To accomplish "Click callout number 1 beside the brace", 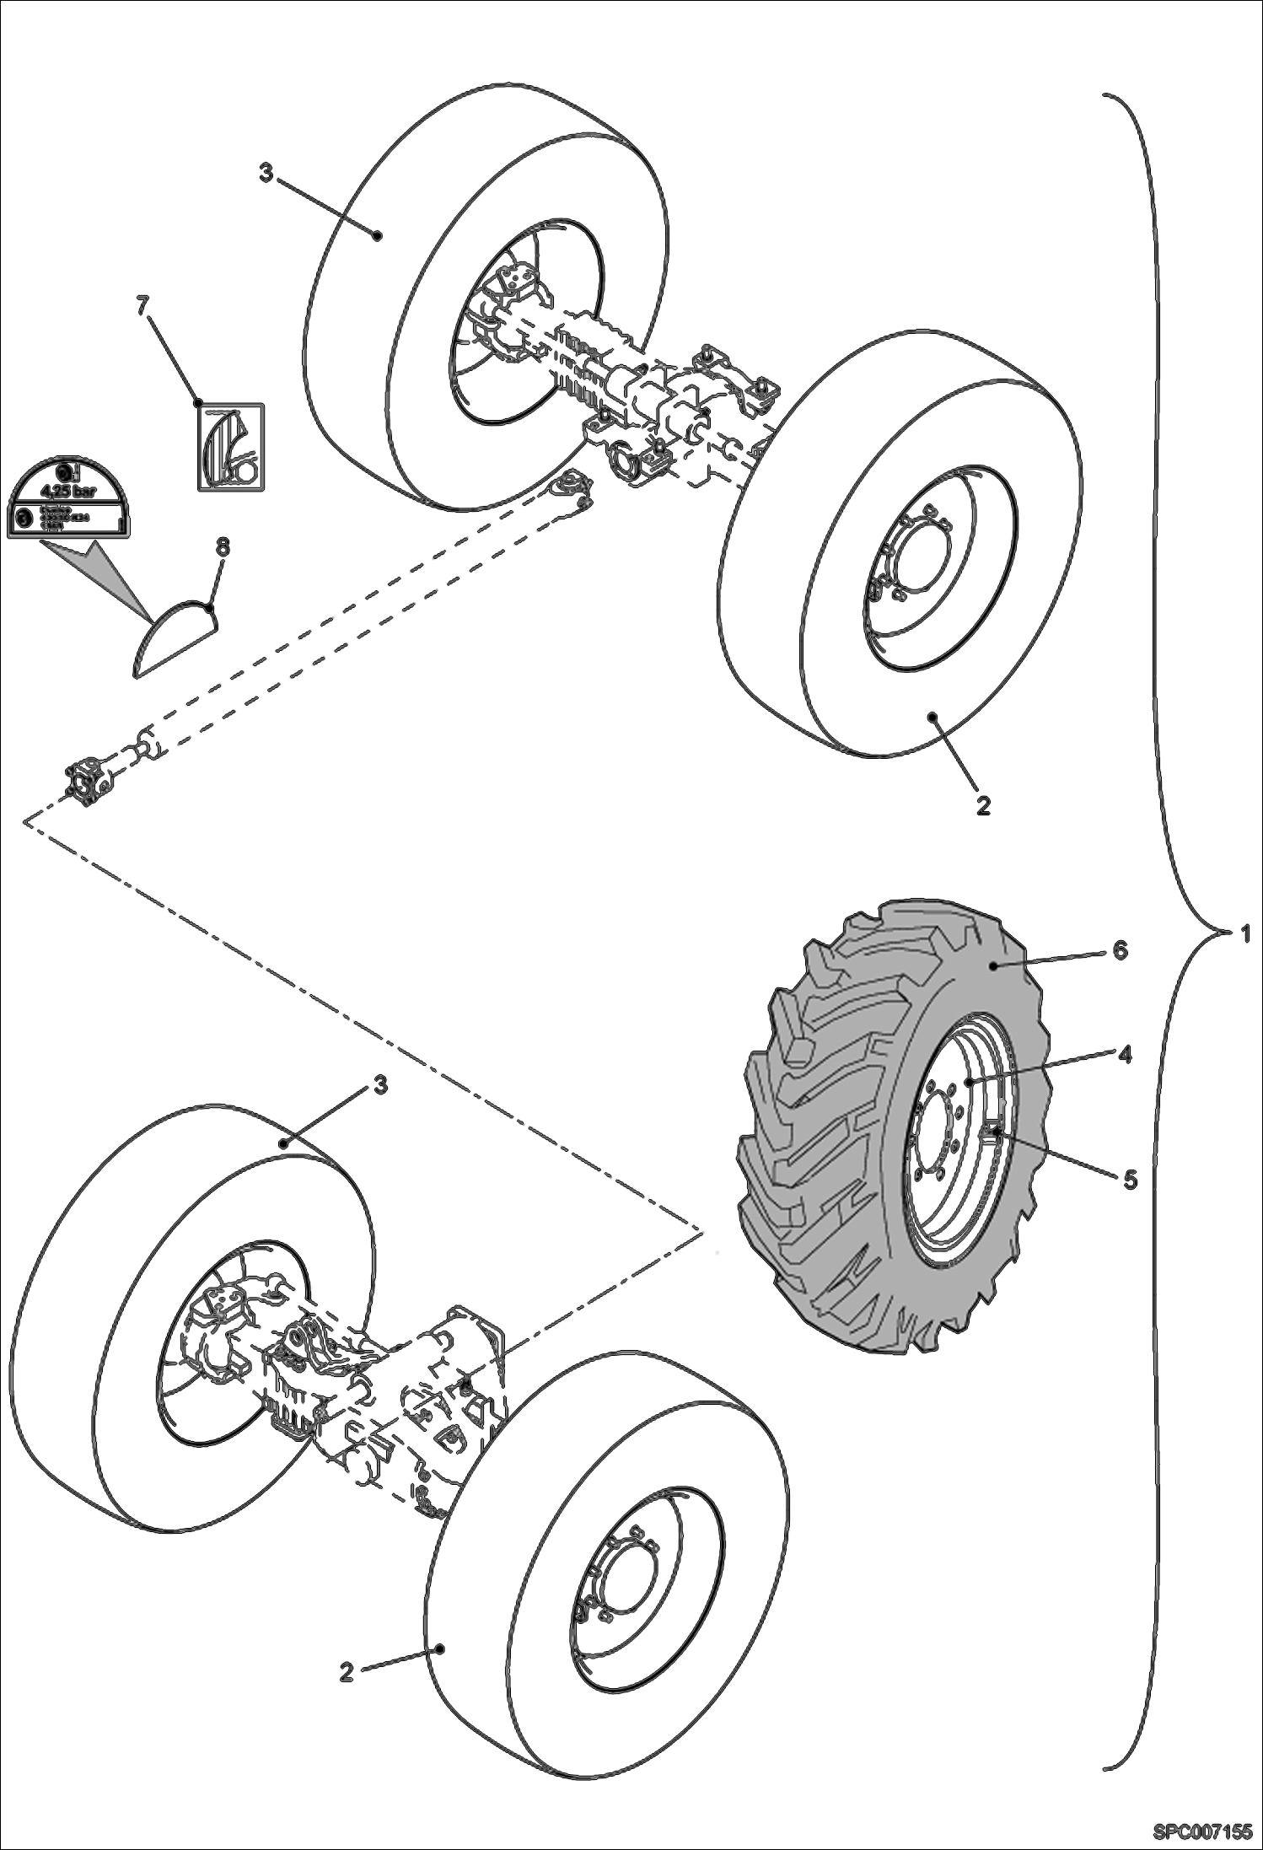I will [x=1244, y=933].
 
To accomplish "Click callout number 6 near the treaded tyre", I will [x=1119, y=949].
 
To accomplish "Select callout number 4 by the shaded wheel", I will [x=1125, y=1054].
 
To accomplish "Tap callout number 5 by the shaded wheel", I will [x=1130, y=1179].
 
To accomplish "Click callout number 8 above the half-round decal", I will [x=222, y=547].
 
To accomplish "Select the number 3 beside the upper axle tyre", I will [x=266, y=175].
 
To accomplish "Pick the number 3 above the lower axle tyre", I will [x=380, y=1086].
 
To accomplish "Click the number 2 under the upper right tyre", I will [x=982, y=805].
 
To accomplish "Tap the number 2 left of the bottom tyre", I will [x=347, y=1672].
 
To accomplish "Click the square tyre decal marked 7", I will [x=230, y=447].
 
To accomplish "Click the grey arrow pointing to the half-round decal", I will [x=101, y=573].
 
